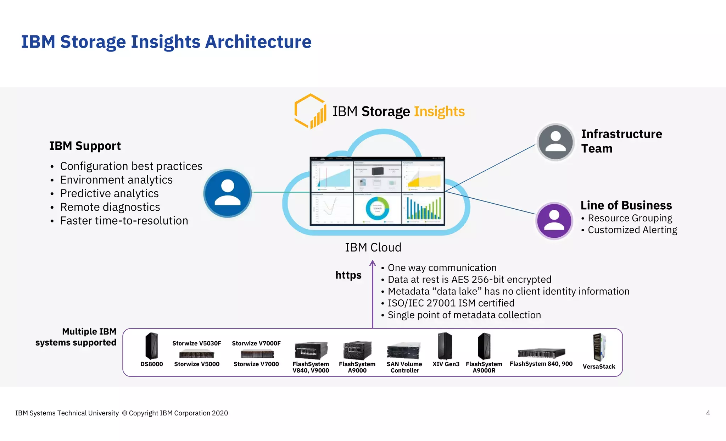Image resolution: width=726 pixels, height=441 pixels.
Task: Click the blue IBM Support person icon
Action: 227,193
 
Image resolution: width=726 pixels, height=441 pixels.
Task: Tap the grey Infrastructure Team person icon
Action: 555,142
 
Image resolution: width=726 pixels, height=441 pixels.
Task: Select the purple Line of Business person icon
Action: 554,221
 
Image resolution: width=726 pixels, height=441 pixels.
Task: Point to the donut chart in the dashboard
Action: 378,209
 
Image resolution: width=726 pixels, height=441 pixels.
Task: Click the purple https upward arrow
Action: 373,294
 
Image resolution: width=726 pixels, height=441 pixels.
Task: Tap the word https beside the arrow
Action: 348,275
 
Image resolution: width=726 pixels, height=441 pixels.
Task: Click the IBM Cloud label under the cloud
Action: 373,247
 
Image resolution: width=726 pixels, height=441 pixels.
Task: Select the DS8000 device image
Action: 152,346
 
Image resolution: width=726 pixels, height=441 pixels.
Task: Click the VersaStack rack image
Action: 599,347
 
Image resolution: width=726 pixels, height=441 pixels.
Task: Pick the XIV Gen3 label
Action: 446,364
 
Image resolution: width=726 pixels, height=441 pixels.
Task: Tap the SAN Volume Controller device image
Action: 404,351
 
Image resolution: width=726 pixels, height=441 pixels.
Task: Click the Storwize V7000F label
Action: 256,343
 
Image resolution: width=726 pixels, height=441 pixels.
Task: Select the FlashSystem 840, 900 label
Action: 541,364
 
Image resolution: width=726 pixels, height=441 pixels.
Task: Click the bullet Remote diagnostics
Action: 110,207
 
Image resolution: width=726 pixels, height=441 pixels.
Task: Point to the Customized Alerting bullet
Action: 632,230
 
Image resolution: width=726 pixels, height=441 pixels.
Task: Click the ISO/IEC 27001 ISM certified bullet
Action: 451,303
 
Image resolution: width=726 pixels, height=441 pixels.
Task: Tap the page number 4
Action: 708,413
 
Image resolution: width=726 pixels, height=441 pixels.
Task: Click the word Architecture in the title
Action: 258,42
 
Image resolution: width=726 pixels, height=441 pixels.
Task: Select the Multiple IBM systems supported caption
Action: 76,337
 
